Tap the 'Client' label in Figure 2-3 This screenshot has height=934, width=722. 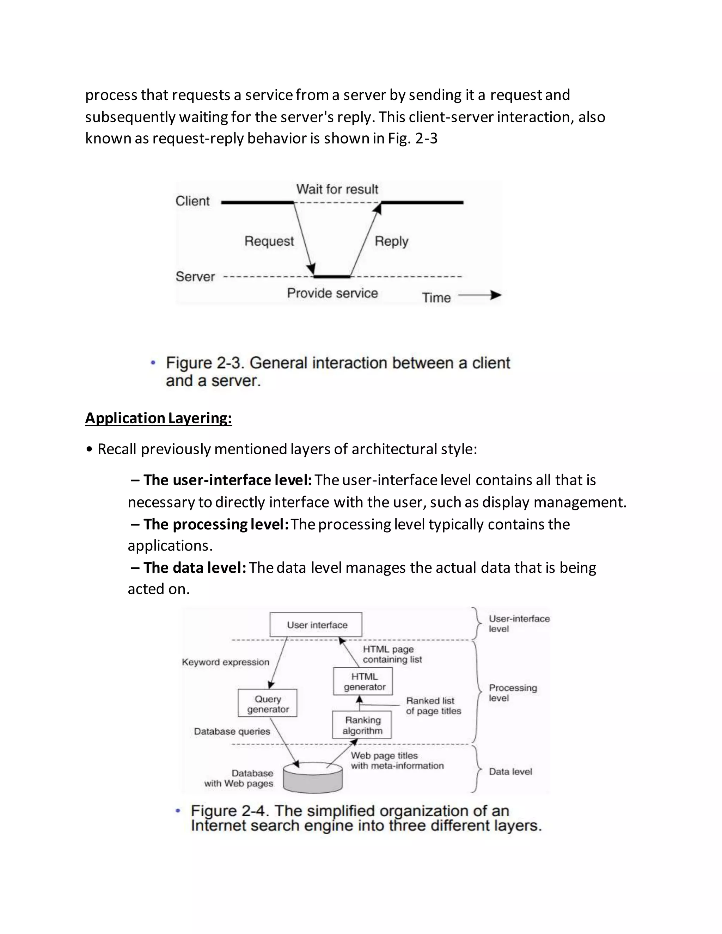tap(192, 201)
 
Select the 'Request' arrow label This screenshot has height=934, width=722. tap(269, 241)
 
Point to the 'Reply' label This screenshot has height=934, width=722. tap(391, 241)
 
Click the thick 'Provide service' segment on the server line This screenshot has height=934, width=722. tap(332, 277)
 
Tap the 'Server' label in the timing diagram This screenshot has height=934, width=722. tap(195, 277)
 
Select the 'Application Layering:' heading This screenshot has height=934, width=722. tap(158, 418)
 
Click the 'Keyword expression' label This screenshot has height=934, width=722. tap(225, 662)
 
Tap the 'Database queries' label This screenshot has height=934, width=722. tap(232, 731)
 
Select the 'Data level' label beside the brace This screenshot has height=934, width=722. tap(510, 772)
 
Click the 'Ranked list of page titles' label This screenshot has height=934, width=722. tap(433, 706)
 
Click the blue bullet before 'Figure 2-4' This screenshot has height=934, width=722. tap(178, 810)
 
